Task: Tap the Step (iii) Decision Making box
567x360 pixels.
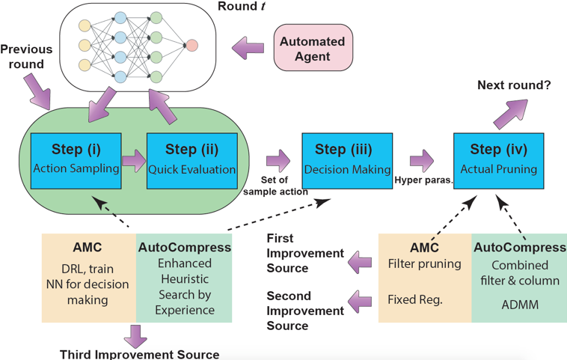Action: click(x=347, y=158)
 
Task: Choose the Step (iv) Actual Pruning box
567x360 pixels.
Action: click(x=499, y=158)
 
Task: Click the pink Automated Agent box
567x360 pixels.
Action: click(x=312, y=48)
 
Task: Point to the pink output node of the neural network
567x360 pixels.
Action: click(x=192, y=46)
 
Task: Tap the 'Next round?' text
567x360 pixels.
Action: click(x=514, y=85)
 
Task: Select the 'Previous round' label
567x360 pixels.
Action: click(x=26, y=57)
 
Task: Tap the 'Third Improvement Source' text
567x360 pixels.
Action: click(x=140, y=354)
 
